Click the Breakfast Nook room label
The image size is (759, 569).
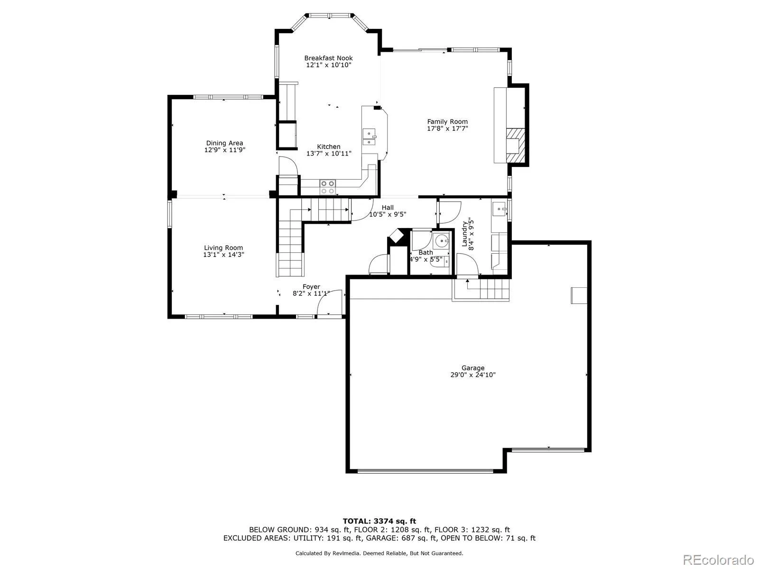(x=328, y=58)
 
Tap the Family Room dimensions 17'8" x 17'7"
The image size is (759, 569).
(x=447, y=128)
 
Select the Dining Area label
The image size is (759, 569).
(x=224, y=143)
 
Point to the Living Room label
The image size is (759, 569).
(x=223, y=248)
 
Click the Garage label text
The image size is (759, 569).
(x=473, y=367)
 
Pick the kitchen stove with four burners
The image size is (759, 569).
(x=327, y=187)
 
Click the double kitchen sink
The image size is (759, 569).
(x=369, y=136)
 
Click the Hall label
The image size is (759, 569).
(x=388, y=207)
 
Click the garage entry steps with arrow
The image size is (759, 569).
(x=481, y=289)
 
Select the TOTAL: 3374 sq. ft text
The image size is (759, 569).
(x=379, y=521)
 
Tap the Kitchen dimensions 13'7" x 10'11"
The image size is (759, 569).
(x=329, y=154)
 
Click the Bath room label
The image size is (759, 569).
(x=426, y=252)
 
